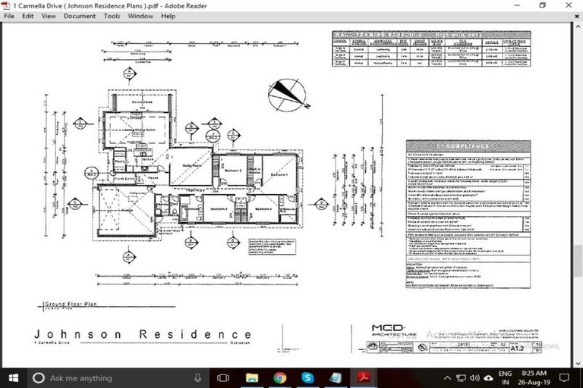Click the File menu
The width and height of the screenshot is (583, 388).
tap(8, 15)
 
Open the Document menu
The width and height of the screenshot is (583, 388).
tap(79, 15)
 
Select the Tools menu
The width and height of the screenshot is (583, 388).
tap(112, 15)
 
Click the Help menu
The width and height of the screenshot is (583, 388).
tap(168, 15)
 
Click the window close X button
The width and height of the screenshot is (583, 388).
tap(569, 5)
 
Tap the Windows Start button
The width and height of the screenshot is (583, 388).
tap(13, 377)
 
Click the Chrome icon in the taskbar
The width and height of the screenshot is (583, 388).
tap(279, 377)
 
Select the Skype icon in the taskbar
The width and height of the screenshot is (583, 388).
tap(307, 377)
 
